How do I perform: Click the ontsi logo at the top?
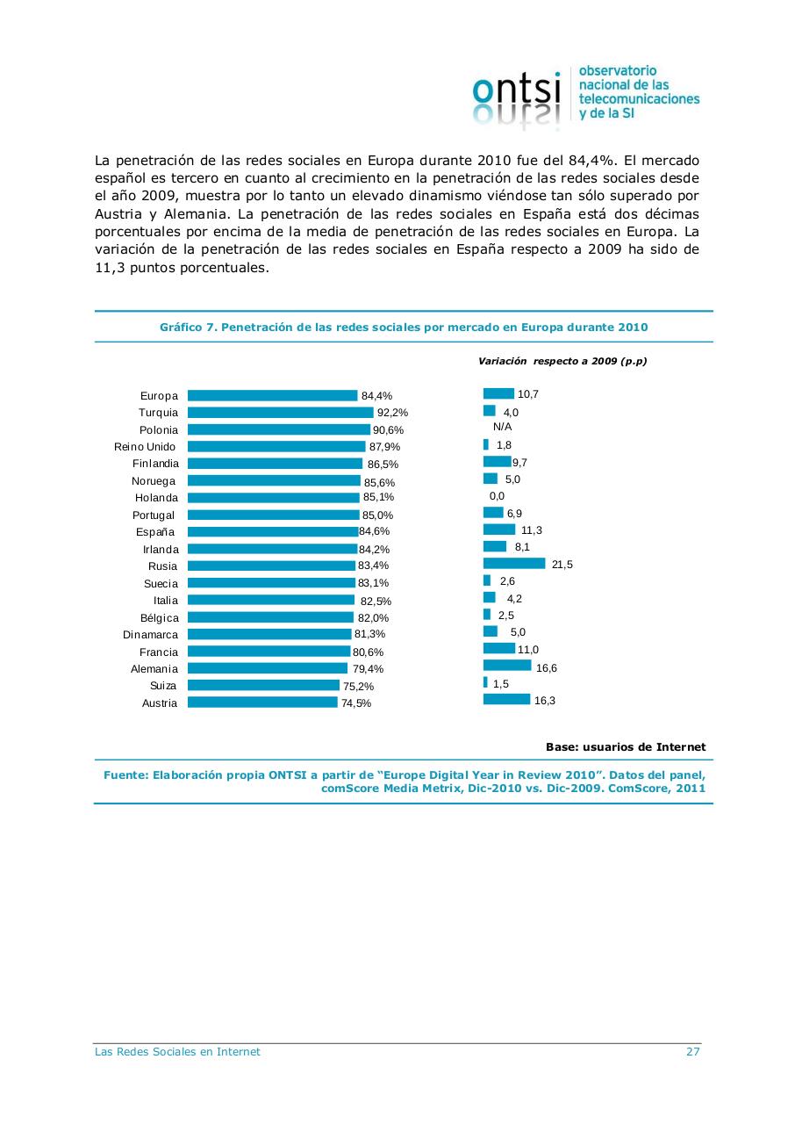pos(585,95)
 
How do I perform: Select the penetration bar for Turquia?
pos(280,413)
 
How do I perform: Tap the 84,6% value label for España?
pos(375,532)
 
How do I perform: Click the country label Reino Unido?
pos(145,447)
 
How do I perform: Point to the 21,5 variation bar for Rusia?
pos(514,564)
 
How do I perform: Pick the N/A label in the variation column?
pos(503,426)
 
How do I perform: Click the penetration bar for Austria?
pos(262,702)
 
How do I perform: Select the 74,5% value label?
pos(356,703)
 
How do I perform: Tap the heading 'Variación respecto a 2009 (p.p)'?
pos(562,361)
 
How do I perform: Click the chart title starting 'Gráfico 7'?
pos(404,327)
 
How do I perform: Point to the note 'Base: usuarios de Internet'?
pos(626,747)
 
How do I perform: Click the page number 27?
pos(692,1052)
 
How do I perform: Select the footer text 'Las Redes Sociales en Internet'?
pos(177,1052)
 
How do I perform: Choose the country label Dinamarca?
pos(150,635)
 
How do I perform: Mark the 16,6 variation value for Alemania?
pos(547,668)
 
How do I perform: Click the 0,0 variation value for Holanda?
pos(497,496)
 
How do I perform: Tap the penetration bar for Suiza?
pos(263,686)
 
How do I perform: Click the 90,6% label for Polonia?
pos(388,430)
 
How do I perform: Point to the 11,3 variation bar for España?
pos(499,530)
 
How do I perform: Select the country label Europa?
pos(159,396)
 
